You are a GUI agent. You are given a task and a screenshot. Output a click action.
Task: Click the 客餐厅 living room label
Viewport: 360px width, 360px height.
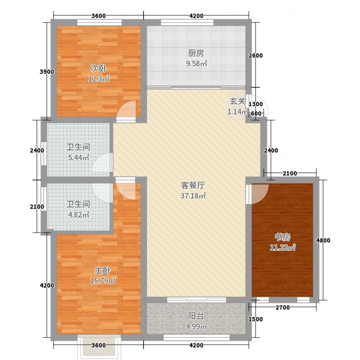click(x=193, y=185)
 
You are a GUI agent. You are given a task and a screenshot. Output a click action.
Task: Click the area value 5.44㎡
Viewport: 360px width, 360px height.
click(x=78, y=157)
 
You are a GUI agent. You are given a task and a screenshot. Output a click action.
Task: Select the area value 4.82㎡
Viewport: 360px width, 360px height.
click(x=78, y=214)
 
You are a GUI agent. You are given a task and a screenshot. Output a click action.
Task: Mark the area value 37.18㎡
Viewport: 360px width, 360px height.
click(x=193, y=196)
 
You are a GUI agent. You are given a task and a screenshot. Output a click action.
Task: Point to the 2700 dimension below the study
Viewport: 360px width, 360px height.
click(x=282, y=308)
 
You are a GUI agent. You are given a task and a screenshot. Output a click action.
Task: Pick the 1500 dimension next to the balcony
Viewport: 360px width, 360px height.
click(x=255, y=319)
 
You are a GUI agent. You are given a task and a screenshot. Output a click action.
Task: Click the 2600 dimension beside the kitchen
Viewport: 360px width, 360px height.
click(x=255, y=56)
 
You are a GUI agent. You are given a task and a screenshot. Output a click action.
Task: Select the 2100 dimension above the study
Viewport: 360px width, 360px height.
click(x=291, y=174)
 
